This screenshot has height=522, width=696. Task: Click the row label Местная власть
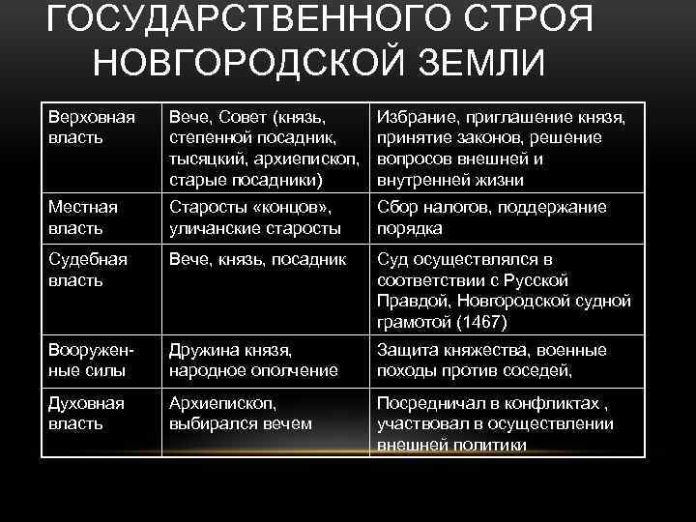pyautogui.click(x=82, y=217)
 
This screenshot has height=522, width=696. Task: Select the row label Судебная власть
pyautogui.click(x=86, y=270)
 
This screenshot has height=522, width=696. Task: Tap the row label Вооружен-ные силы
pyautogui.click(x=90, y=360)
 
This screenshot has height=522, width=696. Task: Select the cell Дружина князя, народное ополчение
pyautogui.click(x=253, y=360)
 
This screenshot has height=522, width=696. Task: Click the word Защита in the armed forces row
pyautogui.click(x=405, y=350)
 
